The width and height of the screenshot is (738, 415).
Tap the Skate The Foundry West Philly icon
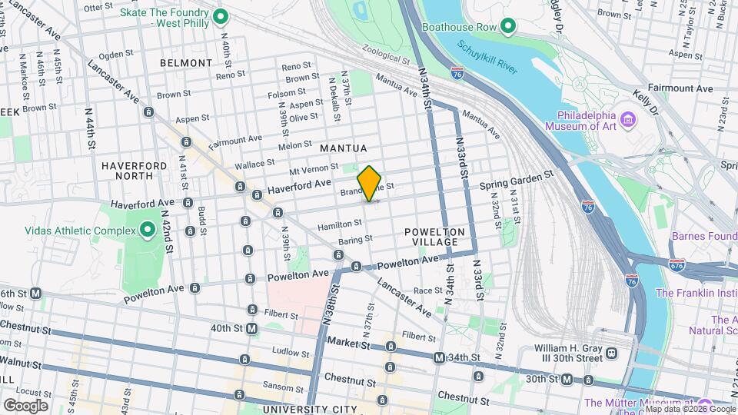pos(220,16)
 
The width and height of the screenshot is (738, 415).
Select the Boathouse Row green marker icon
pos(507,27)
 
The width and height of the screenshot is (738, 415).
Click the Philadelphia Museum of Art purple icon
pos(628,120)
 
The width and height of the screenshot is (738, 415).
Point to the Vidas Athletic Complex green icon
pos(148,230)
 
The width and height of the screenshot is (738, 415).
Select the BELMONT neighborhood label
pos(186,63)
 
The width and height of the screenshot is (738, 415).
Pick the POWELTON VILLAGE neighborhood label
pos(435,237)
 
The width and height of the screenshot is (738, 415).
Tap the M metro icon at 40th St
pos(251,328)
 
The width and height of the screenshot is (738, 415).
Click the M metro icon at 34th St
pos(439,358)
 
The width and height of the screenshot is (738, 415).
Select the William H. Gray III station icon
pos(611,354)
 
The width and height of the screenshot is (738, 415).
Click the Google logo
pos(25,405)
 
